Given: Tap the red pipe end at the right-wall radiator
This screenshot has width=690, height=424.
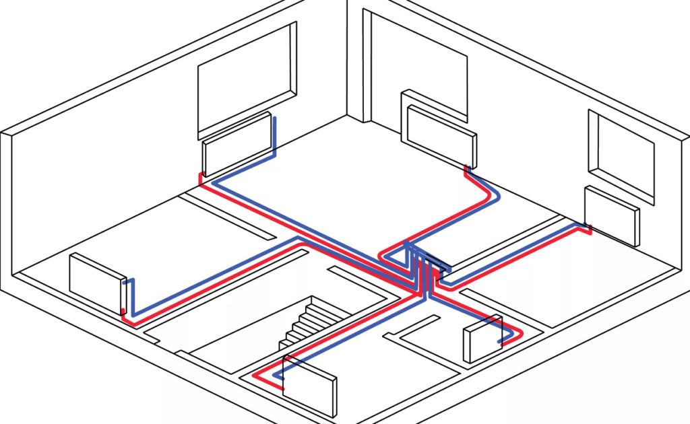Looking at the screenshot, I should tap(589, 231).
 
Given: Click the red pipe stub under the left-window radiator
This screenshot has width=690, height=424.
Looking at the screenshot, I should tap(200, 178).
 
